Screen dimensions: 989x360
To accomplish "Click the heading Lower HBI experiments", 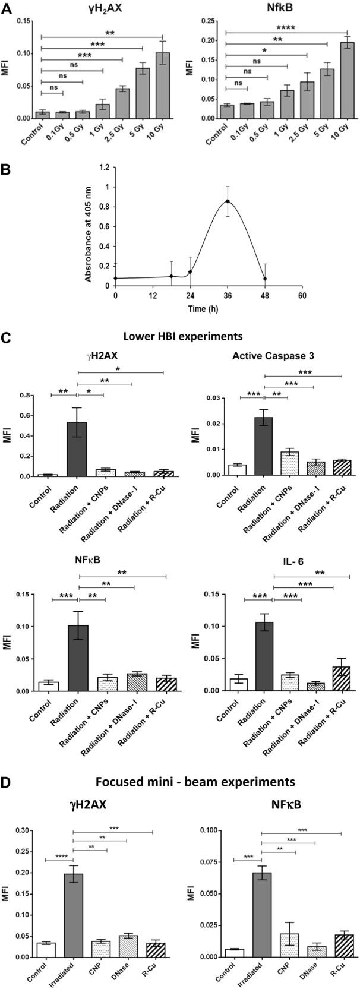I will pos(182,336).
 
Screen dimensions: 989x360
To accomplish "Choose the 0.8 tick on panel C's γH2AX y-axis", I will pos(25,396).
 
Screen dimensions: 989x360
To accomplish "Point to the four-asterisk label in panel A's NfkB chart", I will pos(286,27).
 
